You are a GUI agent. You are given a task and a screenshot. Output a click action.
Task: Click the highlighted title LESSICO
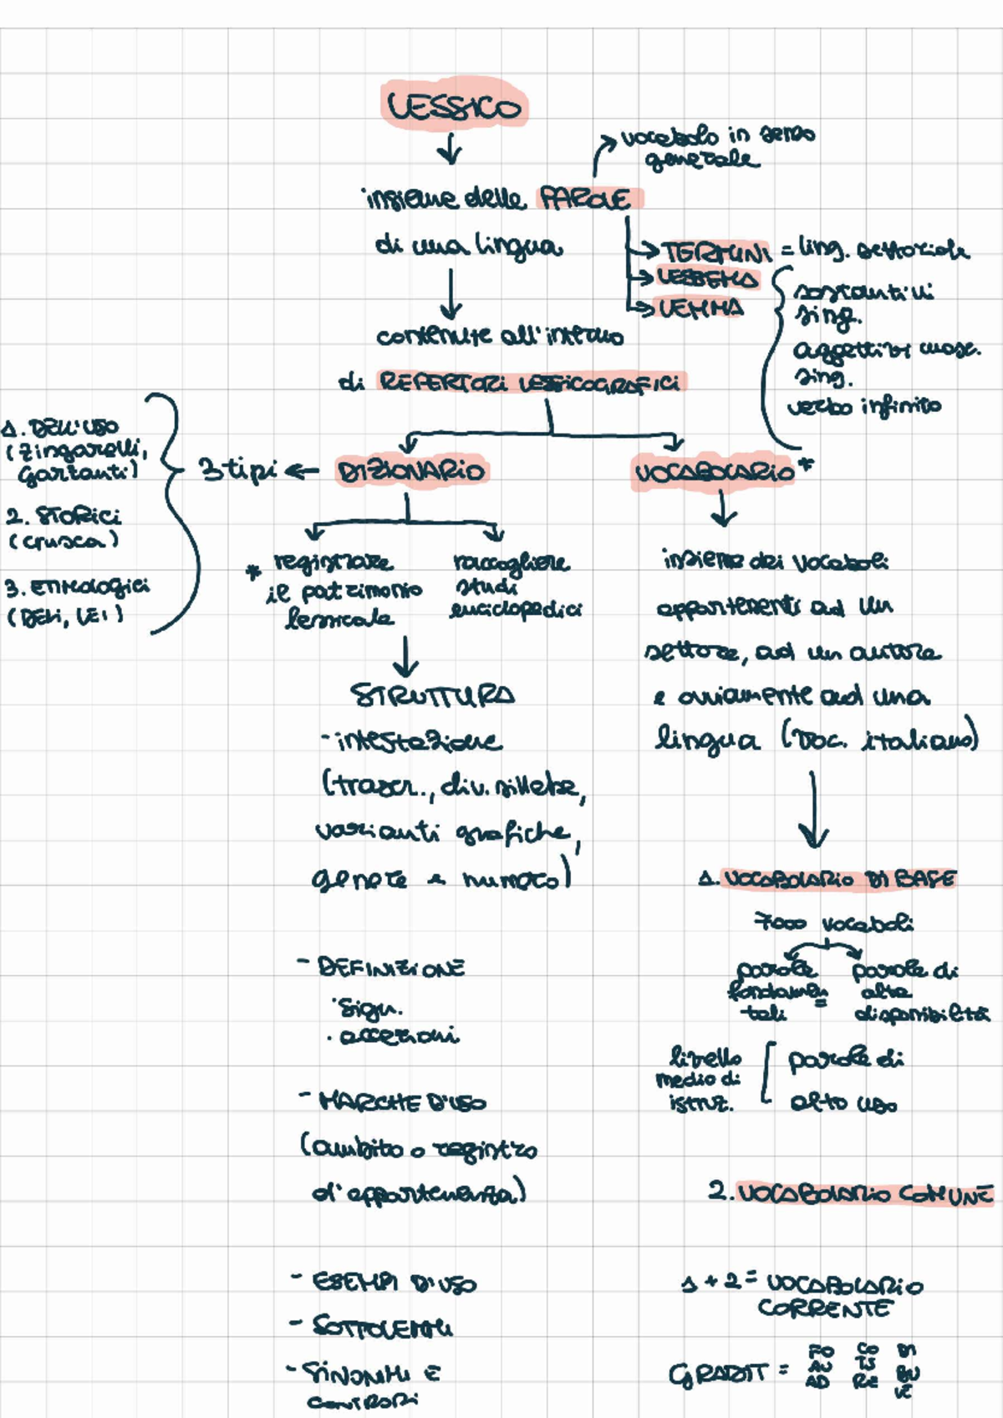point(454,106)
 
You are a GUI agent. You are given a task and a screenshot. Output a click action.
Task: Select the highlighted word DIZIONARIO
point(410,471)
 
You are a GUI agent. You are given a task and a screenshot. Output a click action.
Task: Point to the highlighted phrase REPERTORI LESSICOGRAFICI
point(530,383)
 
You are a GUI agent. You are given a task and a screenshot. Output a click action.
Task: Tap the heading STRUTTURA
point(431,695)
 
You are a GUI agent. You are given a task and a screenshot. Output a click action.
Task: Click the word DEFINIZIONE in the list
point(391,968)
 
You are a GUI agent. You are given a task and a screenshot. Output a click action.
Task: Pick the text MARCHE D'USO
point(401,1102)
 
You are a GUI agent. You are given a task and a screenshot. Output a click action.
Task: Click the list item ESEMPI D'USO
point(394,1282)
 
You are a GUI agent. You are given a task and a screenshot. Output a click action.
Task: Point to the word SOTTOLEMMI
point(382,1326)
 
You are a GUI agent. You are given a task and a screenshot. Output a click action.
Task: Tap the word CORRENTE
point(824,1309)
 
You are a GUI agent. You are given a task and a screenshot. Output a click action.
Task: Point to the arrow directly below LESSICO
point(451,150)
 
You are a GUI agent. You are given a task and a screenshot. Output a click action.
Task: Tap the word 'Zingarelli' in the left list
point(84,453)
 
